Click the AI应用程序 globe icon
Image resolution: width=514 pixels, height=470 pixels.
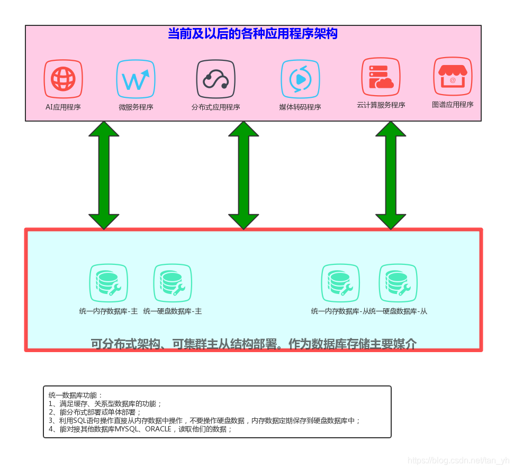coord(63,79)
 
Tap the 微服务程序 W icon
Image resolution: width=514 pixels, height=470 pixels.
coord(136,79)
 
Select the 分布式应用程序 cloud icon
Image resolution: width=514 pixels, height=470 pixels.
coord(215,79)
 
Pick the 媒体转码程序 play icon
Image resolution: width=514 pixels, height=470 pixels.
coord(300,79)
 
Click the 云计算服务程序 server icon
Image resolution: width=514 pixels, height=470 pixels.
coord(381,77)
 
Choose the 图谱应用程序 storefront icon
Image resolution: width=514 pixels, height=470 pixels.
coord(453,76)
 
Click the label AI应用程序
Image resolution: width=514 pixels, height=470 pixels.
coord(63,107)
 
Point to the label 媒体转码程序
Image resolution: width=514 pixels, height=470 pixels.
coord(300,107)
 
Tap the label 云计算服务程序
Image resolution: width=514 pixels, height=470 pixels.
coord(381,105)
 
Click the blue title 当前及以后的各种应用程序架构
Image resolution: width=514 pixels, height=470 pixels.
coord(253,34)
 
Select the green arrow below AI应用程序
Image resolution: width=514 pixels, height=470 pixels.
coord(104,175)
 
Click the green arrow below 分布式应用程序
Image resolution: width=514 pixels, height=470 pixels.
coord(244,175)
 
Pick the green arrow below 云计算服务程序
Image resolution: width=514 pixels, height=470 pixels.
coord(391,175)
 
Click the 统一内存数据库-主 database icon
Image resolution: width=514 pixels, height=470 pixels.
coord(109,283)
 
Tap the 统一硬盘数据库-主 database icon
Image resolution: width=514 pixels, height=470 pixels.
coord(173,283)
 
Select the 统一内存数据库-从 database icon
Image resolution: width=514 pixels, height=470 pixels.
coord(340,283)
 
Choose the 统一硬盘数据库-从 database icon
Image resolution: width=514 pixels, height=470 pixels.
coord(398,283)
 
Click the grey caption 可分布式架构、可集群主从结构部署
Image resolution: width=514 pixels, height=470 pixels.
coord(254,344)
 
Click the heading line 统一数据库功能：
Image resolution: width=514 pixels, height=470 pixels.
coord(76,395)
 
